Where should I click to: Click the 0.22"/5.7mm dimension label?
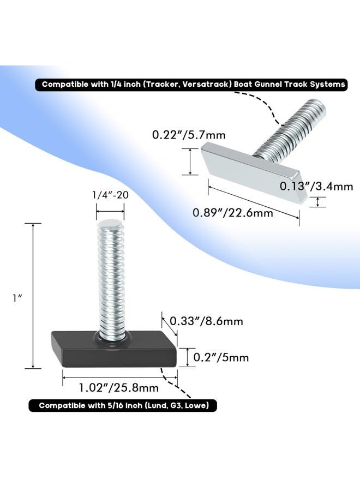point(189,135)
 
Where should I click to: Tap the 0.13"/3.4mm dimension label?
point(316,187)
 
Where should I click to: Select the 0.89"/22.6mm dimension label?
point(233,213)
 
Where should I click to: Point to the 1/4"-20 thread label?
point(110,195)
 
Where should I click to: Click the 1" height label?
point(17,298)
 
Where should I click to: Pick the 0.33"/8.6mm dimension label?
point(206,321)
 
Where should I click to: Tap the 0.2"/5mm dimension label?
point(221,357)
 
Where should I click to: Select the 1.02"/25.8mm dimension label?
point(119,388)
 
